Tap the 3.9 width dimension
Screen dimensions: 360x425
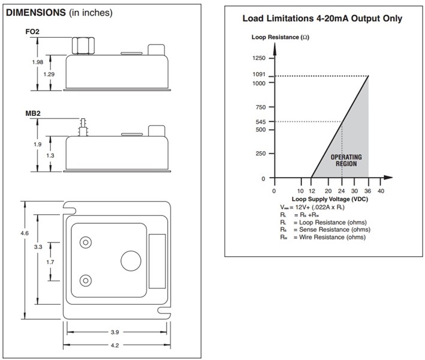click(115, 331)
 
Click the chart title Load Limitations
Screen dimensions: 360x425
click(322, 19)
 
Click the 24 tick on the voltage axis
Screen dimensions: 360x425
click(342, 190)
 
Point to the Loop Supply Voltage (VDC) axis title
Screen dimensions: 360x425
click(327, 199)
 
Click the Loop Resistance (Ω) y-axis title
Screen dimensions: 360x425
click(279, 37)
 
